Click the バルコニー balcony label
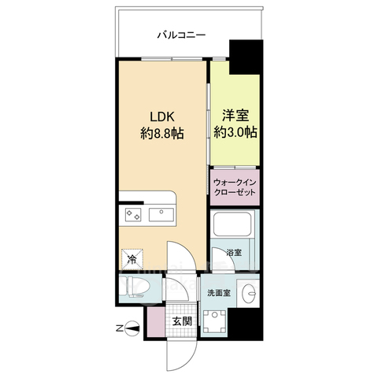181,35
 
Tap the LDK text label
163,117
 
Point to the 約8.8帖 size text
163,134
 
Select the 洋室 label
235,115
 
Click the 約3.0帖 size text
235,132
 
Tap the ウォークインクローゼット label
234,187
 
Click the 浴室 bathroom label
233,253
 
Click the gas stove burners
131,214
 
